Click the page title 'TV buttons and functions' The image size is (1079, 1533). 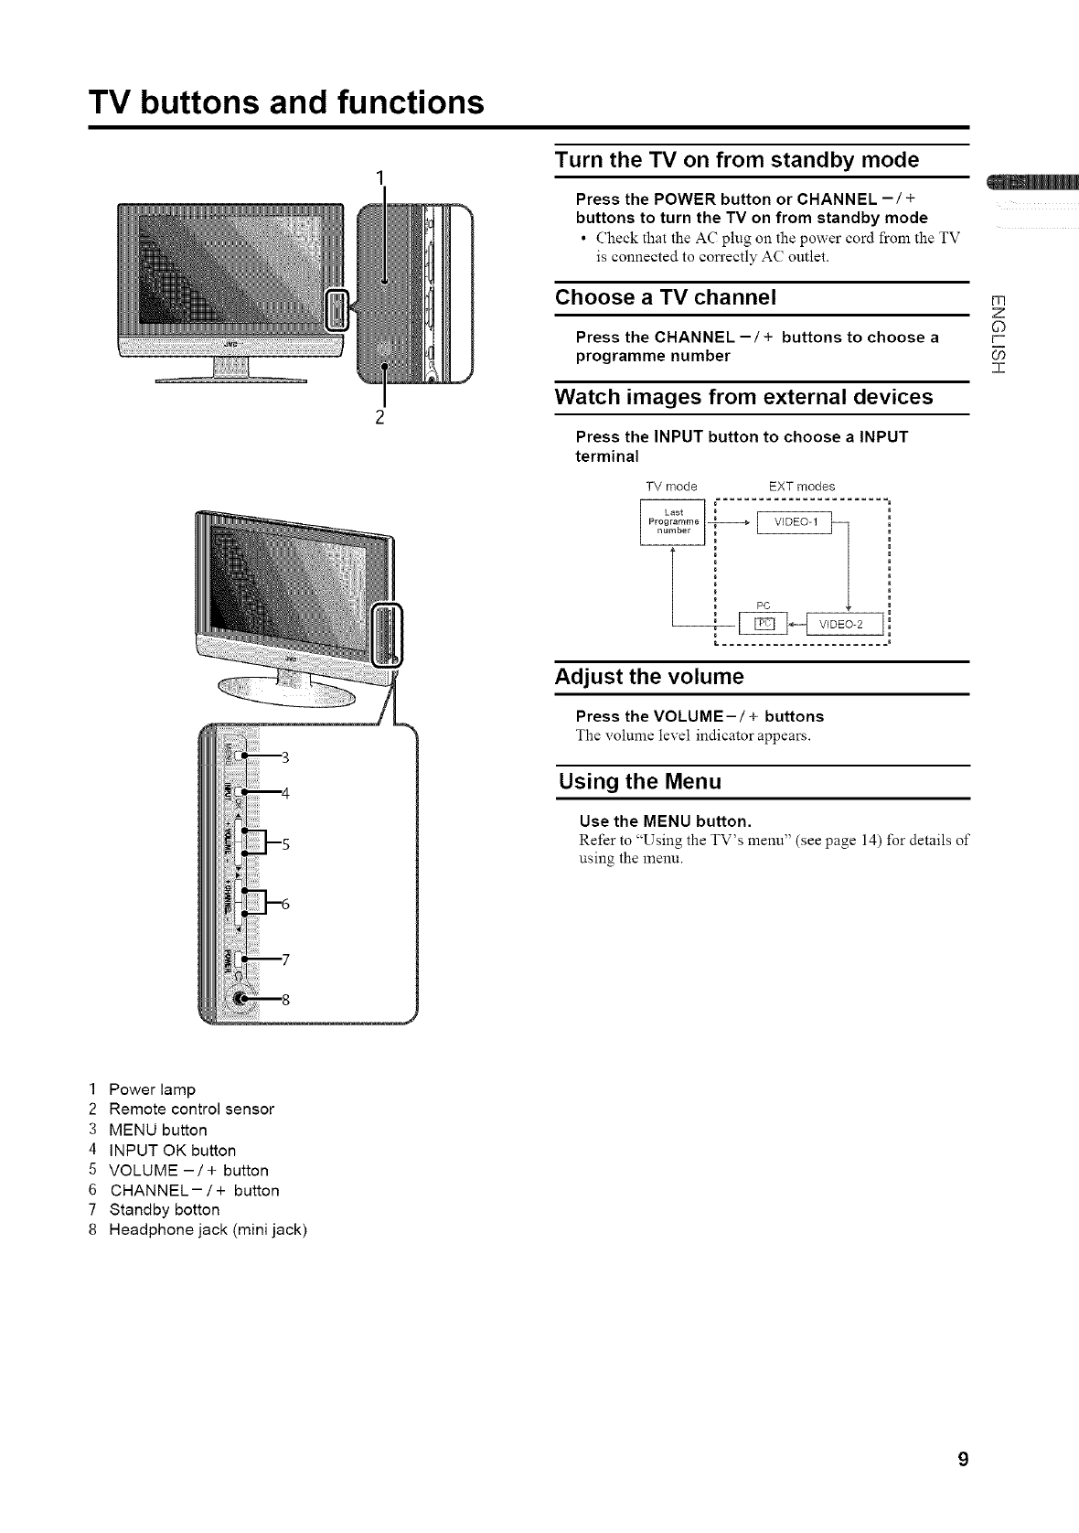tap(286, 102)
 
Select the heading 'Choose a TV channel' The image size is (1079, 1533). tap(667, 298)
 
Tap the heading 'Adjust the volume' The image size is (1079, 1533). tap(650, 678)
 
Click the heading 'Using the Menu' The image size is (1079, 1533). tap(640, 782)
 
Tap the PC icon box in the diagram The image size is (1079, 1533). tap(764, 624)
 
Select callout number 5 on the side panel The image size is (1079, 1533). tap(285, 844)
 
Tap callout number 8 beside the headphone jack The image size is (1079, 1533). tap(285, 1000)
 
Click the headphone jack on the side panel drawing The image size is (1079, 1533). tap(240, 1000)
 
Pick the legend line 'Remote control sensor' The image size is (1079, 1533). tap(191, 1110)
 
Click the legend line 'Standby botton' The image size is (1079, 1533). tap(165, 1210)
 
